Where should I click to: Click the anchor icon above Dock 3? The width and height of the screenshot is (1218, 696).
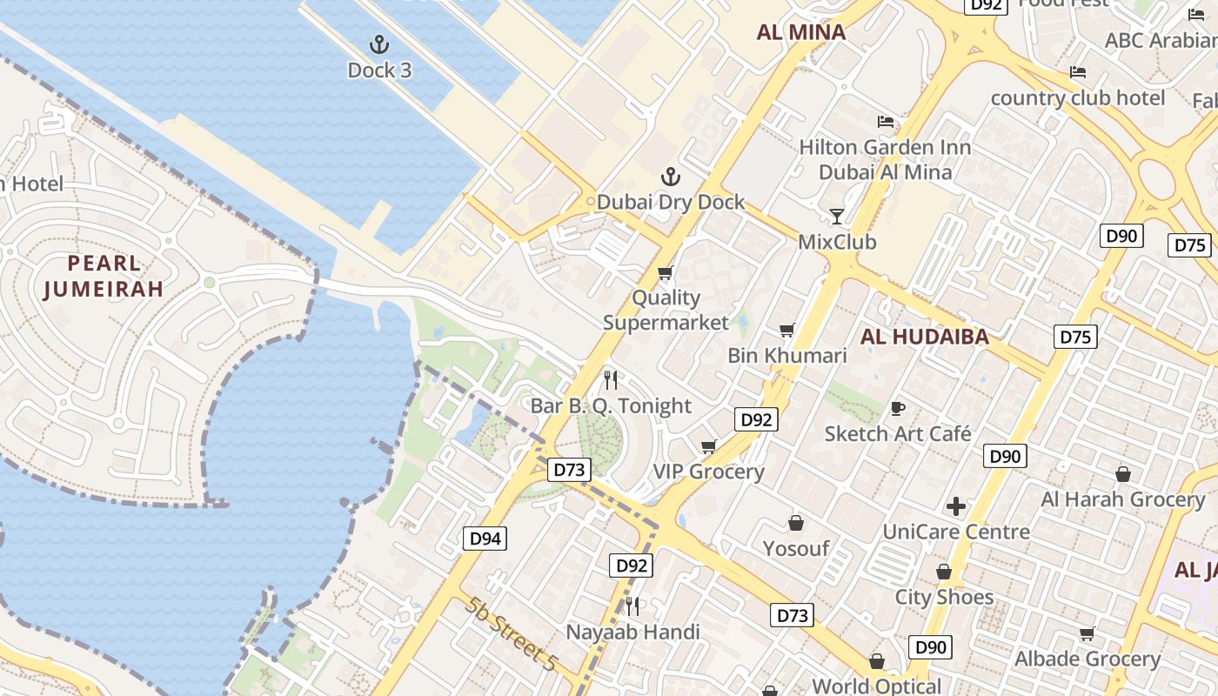pyautogui.click(x=378, y=43)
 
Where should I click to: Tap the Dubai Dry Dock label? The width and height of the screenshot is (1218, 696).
pyautogui.click(x=671, y=202)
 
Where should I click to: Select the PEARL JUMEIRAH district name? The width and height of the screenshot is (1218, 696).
pyautogui.click(x=104, y=276)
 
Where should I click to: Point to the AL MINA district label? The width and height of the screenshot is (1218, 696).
pyautogui.click(x=800, y=32)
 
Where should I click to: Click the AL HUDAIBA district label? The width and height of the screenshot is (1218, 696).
pyautogui.click(x=924, y=338)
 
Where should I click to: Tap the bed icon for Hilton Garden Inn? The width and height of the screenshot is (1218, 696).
pyautogui.click(x=886, y=121)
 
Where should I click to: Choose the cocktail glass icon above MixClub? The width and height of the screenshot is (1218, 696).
pyautogui.click(x=837, y=215)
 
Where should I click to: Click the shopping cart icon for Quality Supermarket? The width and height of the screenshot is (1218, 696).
pyautogui.click(x=666, y=273)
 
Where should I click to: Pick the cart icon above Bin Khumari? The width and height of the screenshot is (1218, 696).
pyautogui.click(x=787, y=330)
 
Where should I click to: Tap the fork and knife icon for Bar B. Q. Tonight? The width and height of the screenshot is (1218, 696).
pyautogui.click(x=611, y=379)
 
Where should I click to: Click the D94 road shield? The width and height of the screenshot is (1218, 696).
pyautogui.click(x=485, y=539)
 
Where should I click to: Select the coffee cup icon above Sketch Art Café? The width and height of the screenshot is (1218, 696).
pyautogui.click(x=898, y=408)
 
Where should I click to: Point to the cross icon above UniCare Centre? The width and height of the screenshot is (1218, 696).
pyautogui.click(x=956, y=505)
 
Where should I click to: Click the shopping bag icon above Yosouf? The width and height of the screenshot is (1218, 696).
pyautogui.click(x=795, y=523)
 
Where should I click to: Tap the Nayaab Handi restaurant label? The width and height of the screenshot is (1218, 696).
pyautogui.click(x=632, y=632)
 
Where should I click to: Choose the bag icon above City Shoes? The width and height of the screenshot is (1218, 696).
pyautogui.click(x=944, y=572)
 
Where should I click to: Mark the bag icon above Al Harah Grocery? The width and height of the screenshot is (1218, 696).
pyautogui.click(x=1123, y=474)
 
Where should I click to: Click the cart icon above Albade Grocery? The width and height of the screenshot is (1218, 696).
pyautogui.click(x=1087, y=633)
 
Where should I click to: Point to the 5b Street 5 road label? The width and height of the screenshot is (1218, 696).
pyautogui.click(x=510, y=633)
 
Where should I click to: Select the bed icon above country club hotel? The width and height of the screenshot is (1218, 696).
pyautogui.click(x=1078, y=71)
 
